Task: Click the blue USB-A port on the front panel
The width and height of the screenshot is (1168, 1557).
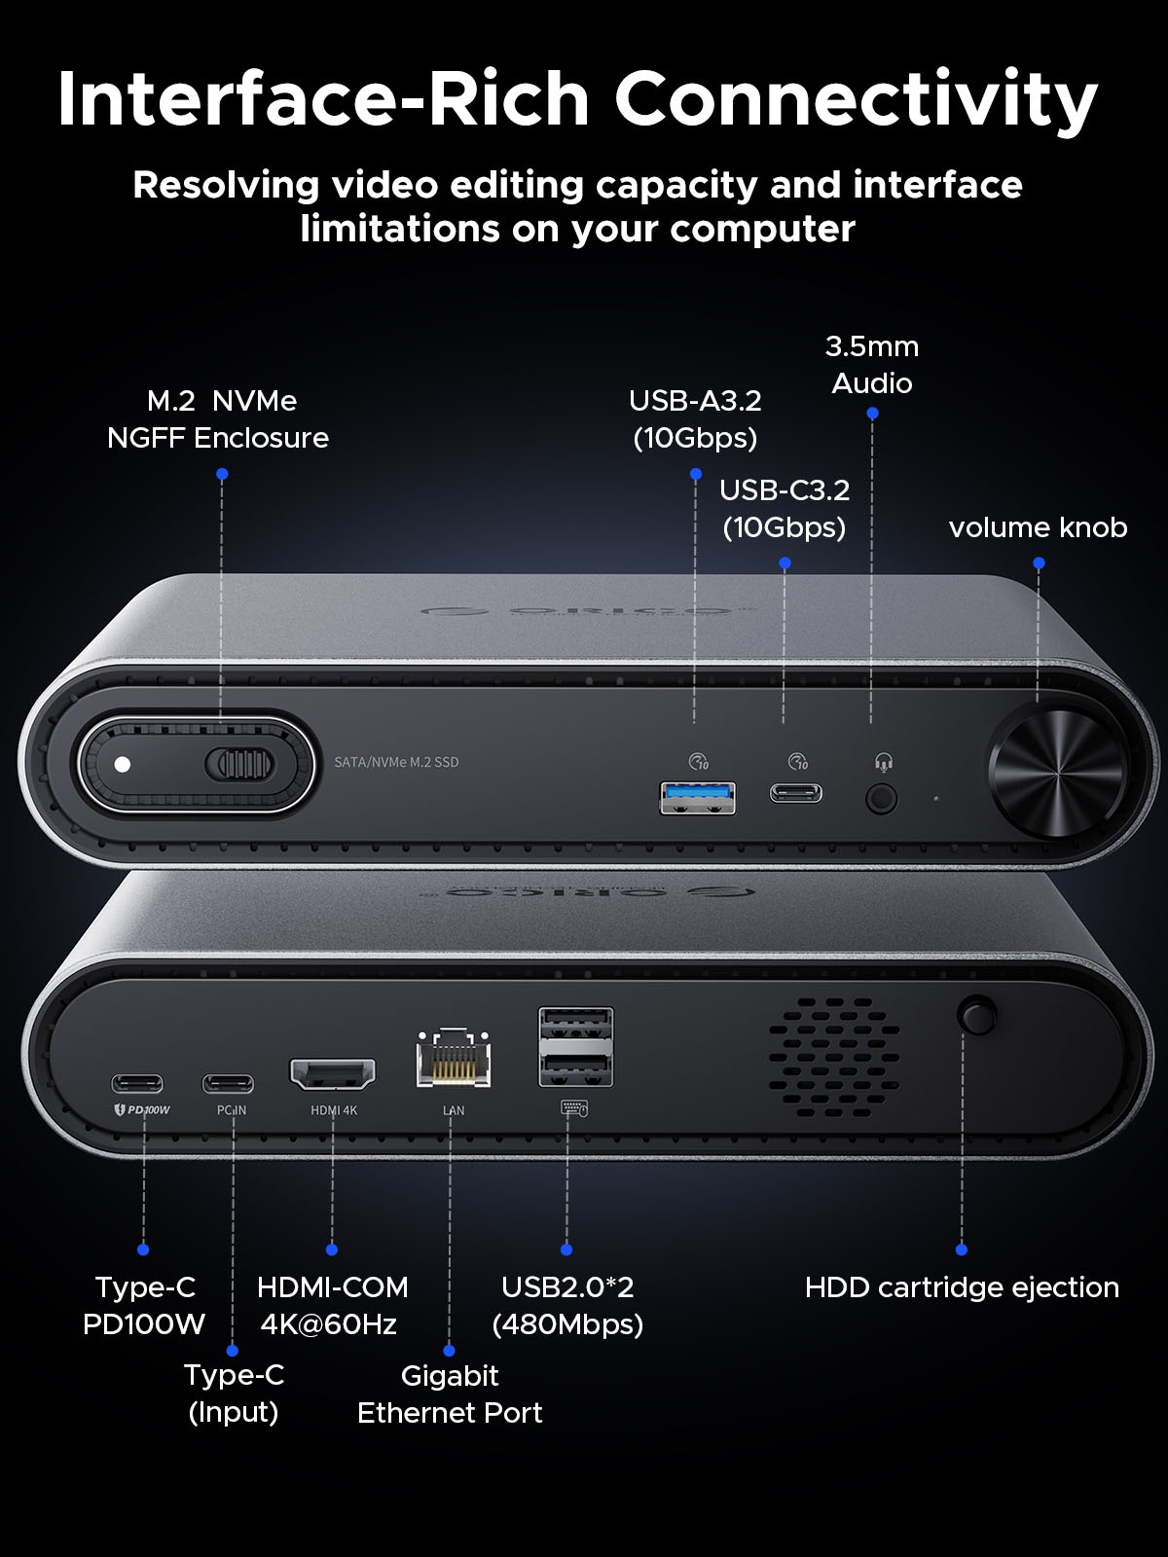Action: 697,798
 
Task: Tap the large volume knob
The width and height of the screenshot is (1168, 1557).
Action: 1056,774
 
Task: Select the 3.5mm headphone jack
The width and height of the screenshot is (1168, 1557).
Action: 882,800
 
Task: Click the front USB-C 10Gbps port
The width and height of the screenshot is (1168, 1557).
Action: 796,792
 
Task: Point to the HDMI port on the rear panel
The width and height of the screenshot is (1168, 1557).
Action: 332,1074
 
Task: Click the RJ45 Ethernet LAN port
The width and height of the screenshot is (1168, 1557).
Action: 454,1058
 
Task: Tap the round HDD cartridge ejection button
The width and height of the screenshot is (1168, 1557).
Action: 976,1015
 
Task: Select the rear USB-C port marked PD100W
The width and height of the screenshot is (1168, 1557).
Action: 137,1084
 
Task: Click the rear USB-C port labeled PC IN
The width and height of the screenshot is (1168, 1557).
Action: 228,1084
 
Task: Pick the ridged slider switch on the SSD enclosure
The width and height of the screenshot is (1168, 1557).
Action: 239,765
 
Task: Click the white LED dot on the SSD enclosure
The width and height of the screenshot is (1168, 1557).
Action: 123,765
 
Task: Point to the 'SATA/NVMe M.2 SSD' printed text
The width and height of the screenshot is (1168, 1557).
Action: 396,763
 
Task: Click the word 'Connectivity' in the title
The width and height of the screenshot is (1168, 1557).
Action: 856,98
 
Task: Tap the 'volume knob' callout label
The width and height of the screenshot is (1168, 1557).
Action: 1039,527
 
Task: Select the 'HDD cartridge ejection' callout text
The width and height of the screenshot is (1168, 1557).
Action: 962,1287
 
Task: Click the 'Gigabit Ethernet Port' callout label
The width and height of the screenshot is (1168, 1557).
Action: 450,1394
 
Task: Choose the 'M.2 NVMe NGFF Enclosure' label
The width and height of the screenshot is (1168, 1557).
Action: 218,419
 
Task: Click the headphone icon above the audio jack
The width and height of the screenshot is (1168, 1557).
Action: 884,763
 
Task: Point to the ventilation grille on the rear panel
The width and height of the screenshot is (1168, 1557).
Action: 834,1056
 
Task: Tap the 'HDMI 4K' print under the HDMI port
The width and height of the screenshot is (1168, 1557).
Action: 334,1110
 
